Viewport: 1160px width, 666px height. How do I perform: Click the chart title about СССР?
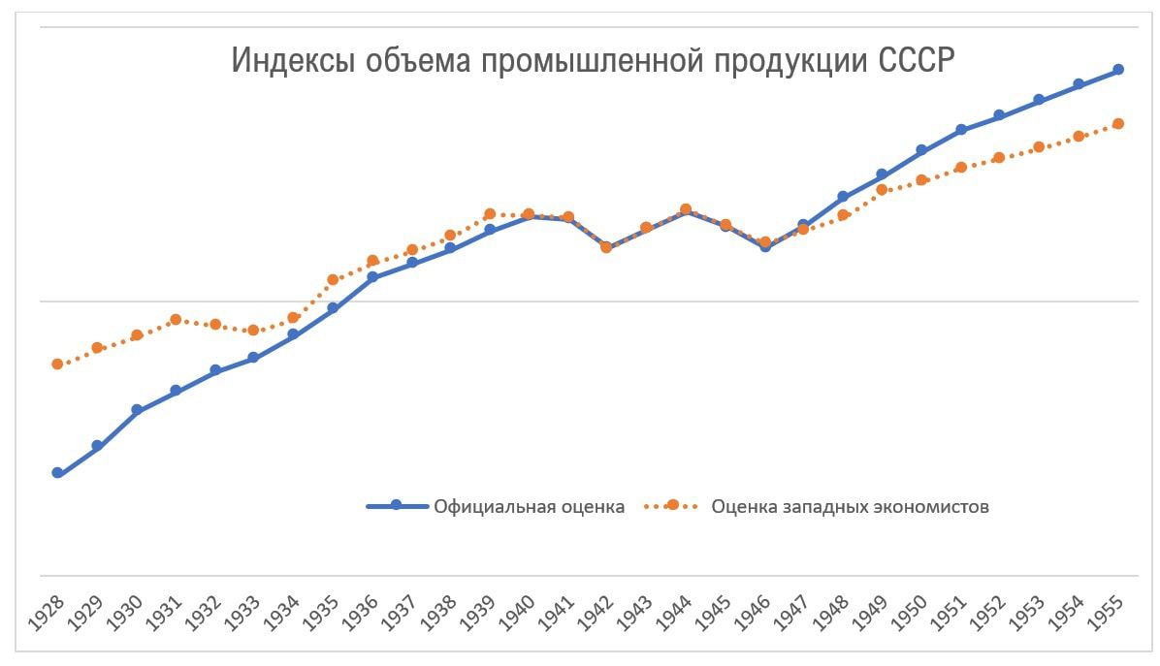tap(593, 60)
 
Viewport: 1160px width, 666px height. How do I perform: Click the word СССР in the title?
tap(917, 60)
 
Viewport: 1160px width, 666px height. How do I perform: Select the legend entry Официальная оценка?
tap(529, 506)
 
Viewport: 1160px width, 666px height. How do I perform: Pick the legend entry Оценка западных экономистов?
tap(850, 506)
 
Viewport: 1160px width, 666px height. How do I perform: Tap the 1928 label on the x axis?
tap(47, 617)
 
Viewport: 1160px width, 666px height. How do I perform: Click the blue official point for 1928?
tap(57, 473)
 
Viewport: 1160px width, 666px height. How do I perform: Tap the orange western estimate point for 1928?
tap(57, 364)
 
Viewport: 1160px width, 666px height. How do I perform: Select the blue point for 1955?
tap(1118, 70)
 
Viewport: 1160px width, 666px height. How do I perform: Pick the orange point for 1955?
tap(1118, 123)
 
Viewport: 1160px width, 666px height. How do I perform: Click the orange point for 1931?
tap(176, 319)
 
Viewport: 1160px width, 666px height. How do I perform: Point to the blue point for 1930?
tap(137, 410)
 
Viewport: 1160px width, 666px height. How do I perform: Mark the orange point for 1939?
tap(490, 213)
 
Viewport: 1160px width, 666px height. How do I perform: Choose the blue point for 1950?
tap(921, 150)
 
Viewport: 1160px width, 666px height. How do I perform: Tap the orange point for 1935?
tap(333, 279)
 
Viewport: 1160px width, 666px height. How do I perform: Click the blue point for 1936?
tap(372, 277)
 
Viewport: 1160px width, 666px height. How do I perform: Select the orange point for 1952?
tap(1000, 157)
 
